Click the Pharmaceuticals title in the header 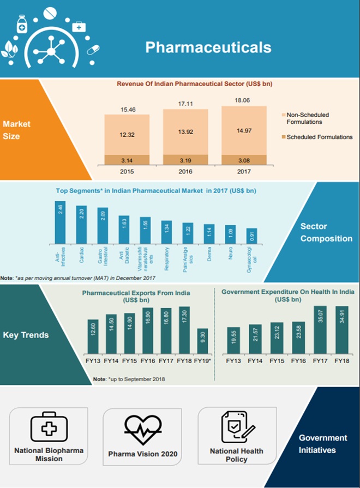pos(208,47)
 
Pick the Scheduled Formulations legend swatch pos(282,137)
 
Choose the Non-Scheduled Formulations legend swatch pos(282,115)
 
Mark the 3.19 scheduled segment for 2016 pos(185,160)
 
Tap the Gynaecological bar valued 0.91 pos(251,236)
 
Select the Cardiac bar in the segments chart pos(81,225)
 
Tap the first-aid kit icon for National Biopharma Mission pos(47,426)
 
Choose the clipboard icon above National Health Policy pos(237,427)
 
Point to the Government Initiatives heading pos(323,444)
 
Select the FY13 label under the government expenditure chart pos(233,361)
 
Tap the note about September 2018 pos(129,379)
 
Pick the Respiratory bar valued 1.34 pos(166,232)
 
